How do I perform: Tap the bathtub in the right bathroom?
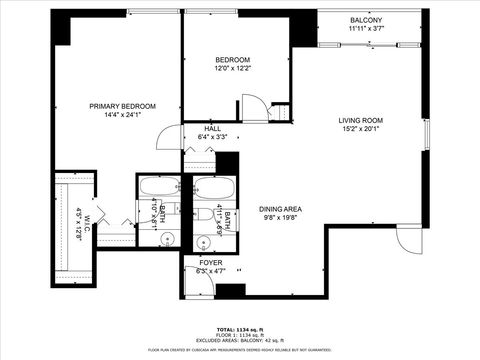tap(211, 187)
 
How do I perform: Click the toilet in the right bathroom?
tap(201, 213)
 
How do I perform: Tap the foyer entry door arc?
tap(197, 283)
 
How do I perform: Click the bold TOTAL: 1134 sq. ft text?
tap(239, 329)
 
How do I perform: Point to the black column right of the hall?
tap(228, 163)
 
